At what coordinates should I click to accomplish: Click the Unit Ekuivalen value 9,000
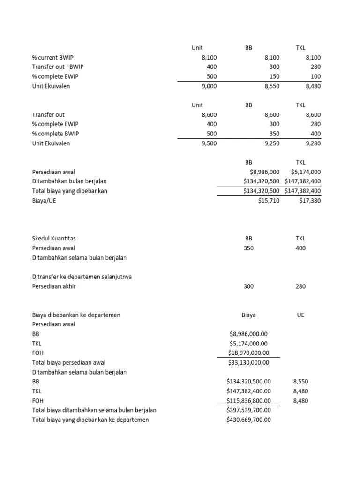click(x=209, y=86)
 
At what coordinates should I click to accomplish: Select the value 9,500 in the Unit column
click(x=209, y=143)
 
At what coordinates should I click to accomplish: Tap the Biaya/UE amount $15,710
click(x=269, y=201)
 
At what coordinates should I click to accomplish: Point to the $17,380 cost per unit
click(x=310, y=201)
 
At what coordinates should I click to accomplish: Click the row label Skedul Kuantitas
click(x=54, y=239)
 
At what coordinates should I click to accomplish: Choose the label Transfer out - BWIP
click(x=58, y=67)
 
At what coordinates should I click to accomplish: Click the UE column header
click(x=300, y=315)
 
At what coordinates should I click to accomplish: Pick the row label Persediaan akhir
click(x=54, y=286)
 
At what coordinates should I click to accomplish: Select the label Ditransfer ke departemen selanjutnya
click(x=82, y=277)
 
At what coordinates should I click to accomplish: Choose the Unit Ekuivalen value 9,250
click(x=272, y=143)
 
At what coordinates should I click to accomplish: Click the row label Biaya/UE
click(x=44, y=201)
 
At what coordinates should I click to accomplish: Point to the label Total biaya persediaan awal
click(x=68, y=362)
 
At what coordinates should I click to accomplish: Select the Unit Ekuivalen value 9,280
click(x=313, y=143)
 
